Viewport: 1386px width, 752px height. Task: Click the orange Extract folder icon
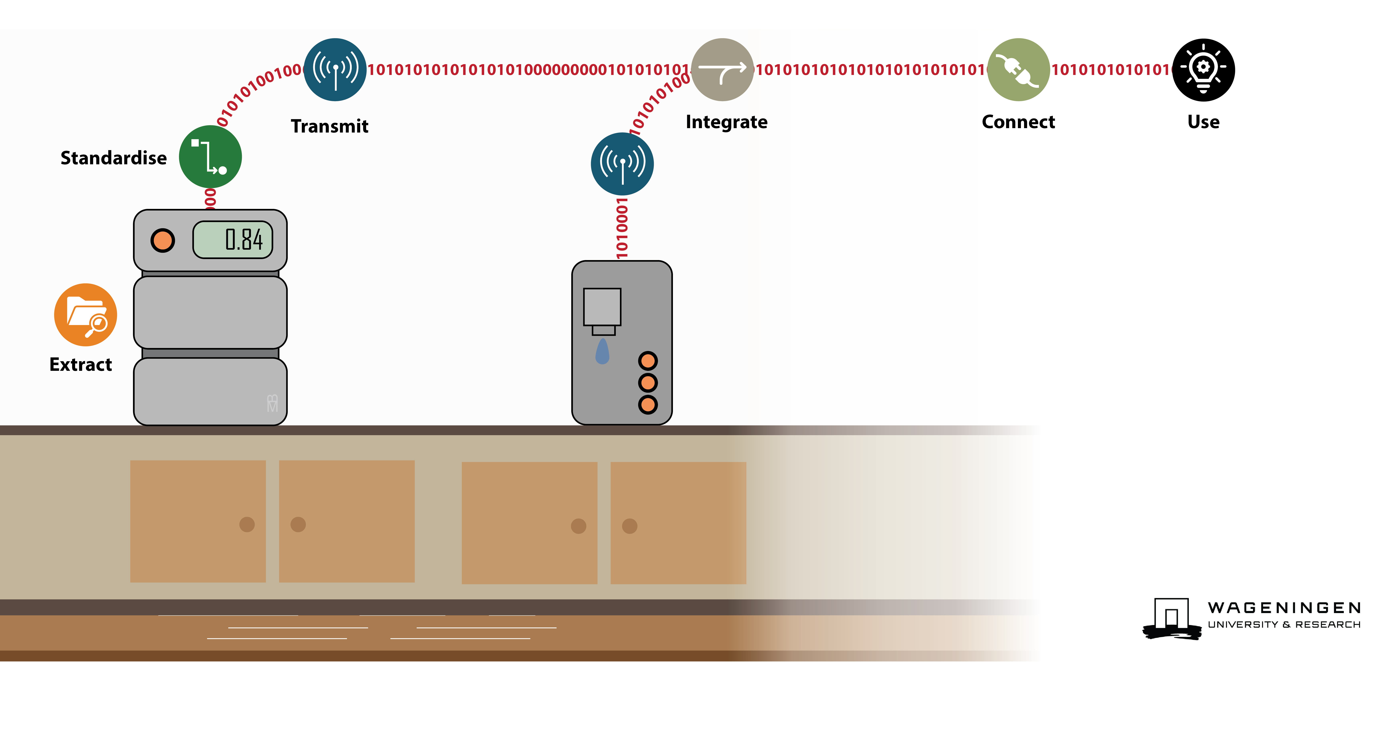[x=85, y=315]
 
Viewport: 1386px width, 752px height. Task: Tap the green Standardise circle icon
[x=210, y=157]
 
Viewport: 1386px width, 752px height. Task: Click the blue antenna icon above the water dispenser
[x=623, y=164]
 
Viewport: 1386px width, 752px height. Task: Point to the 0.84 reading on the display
[x=244, y=239]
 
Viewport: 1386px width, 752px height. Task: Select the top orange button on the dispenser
[x=648, y=361]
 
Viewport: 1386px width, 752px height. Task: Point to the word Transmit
[x=329, y=126]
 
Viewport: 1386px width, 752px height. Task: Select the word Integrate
[x=726, y=122]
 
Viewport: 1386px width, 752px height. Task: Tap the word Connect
[x=1018, y=122]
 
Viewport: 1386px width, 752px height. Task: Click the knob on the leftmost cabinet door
[x=247, y=524]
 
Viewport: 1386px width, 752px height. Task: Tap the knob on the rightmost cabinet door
[x=630, y=526]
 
